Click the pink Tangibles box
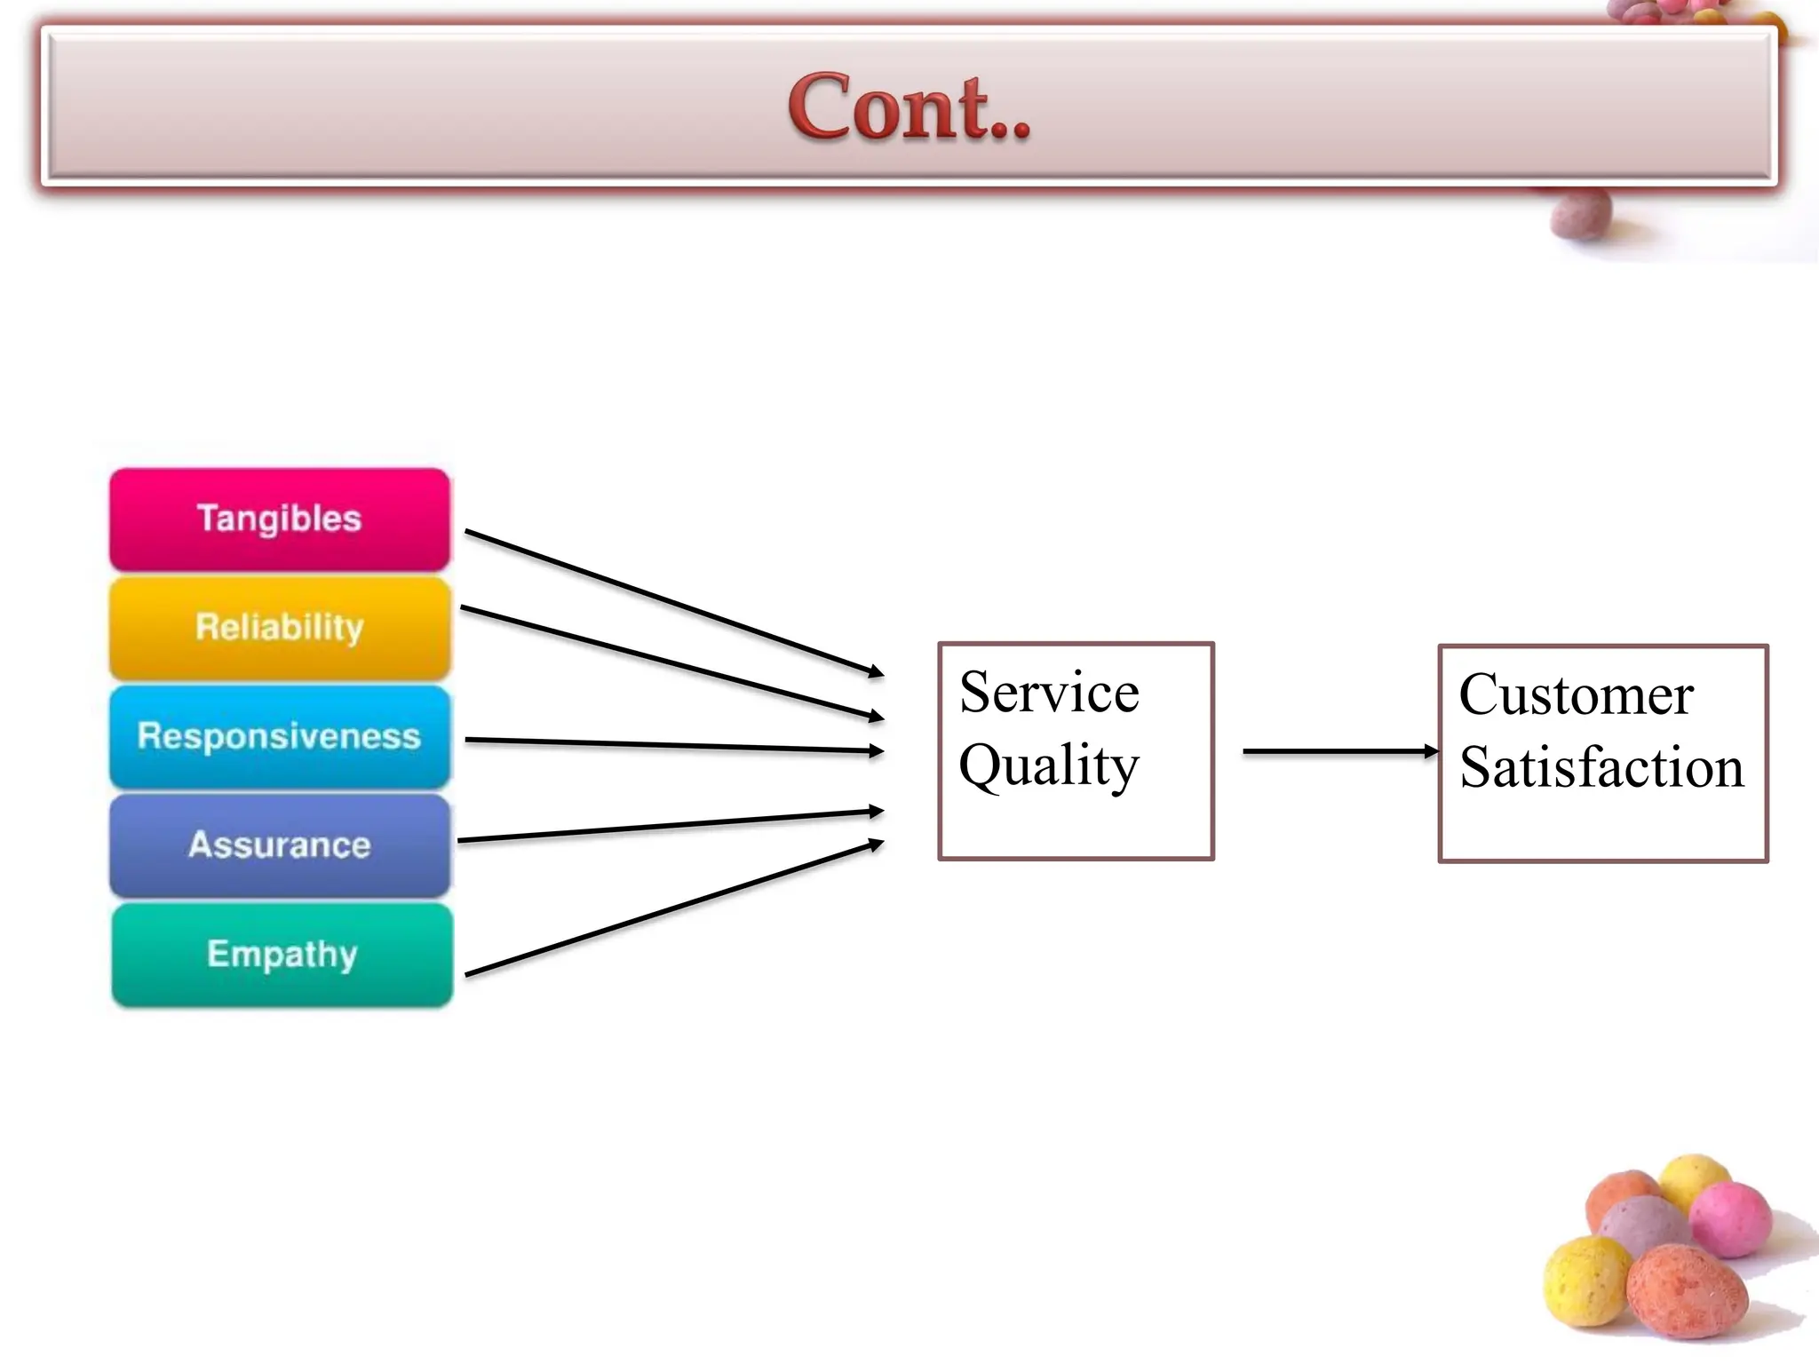point(280,519)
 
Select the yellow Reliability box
point(280,628)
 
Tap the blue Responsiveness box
point(280,737)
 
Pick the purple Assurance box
point(280,845)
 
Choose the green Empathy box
point(282,955)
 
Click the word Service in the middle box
point(1049,693)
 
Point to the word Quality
point(1049,765)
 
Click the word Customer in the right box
point(1576,694)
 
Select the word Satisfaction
point(1601,767)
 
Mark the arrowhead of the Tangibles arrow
point(876,672)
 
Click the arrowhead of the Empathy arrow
point(876,844)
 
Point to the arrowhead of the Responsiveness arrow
point(876,751)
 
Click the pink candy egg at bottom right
point(1729,1218)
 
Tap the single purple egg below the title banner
point(1580,214)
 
